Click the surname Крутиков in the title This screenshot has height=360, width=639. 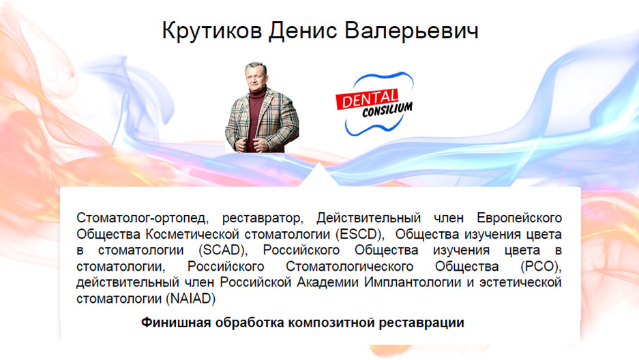pos(212,31)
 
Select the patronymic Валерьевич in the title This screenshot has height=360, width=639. pos(412,31)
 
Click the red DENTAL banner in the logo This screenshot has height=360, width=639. pos(367,100)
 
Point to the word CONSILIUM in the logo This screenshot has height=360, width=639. pos(387,110)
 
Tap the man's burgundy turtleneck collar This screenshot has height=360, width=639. pos(258,93)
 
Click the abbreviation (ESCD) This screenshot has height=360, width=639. pos(360,234)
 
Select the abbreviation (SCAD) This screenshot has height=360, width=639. pos(223,250)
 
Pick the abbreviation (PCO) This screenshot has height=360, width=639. pos(541,267)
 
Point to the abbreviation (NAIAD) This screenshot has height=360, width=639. pos(190,299)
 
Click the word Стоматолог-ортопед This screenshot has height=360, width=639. pos(143,218)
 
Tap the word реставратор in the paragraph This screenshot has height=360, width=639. pos(263,219)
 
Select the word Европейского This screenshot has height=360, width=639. pos(519,218)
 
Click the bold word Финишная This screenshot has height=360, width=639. pos(176,322)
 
